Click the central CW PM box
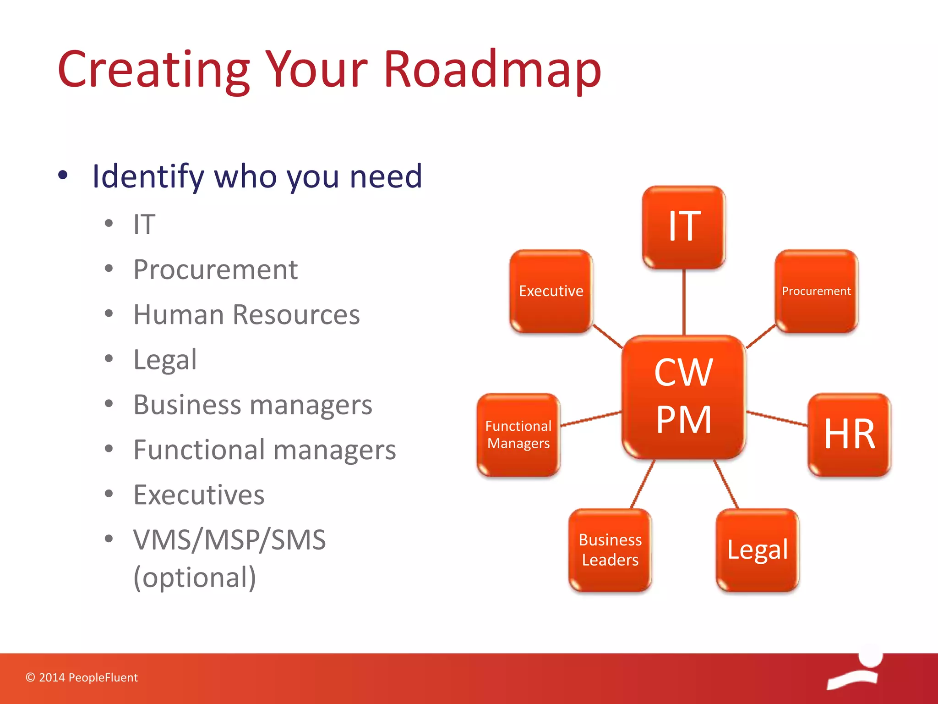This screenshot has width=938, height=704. click(683, 396)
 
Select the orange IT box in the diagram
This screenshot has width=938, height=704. click(684, 227)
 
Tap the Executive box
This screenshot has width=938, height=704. click(551, 291)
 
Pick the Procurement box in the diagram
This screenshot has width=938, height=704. click(816, 291)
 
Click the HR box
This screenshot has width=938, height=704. click(849, 434)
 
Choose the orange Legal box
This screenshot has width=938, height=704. click(758, 550)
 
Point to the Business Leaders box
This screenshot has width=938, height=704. click(610, 550)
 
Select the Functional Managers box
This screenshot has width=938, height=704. click(518, 434)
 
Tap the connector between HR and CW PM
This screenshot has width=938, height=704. click(777, 418)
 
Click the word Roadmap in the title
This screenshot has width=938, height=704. click(492, 70)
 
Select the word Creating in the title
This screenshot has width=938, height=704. click(154, 70)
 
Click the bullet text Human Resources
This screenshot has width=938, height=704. click(246, 315)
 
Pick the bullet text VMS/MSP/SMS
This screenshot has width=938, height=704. click(229, 540)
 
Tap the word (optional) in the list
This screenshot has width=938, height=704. click(195, 577)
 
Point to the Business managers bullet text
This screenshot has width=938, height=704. click(253, 405)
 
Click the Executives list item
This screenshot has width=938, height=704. click(199, 495)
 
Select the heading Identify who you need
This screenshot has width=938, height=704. click(257, 176)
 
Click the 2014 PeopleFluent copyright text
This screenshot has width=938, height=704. click(82, 677)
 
